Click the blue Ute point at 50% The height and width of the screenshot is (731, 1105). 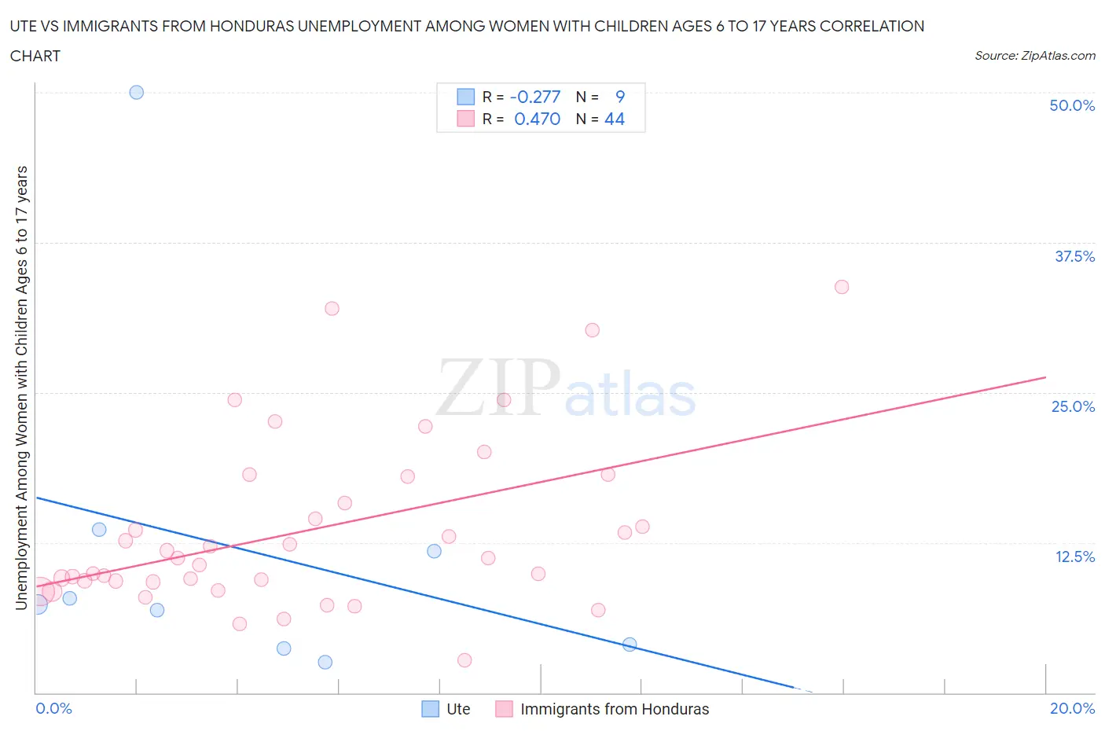pyautogui.click(x=136, y=92)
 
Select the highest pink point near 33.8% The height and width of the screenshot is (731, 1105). pyautogui.click(x=841, y=287)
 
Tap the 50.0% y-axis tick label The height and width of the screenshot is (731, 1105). pyautogui.click(x=1071, y=105)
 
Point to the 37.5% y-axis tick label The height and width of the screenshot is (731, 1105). pyautogui.click(x=1074, y=256)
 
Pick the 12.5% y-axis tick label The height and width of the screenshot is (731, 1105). pyautogui.click(x=1074, y=557)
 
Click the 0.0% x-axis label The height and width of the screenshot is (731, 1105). pyautogui.click(x=53, y=708)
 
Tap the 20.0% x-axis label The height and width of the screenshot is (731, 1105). pyautogui.click(x=1071, y=708)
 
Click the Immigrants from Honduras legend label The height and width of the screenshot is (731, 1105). pyautogui.click(x=614, y=709)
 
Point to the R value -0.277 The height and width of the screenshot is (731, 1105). pyautogui.click(x=535, y=97)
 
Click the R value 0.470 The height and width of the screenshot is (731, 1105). pyautogui.click(x=537, y=119)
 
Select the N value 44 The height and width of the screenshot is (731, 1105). pyautogui.click(x=614, y=119)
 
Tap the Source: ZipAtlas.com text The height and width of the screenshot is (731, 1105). pyautogui.click(x=1034, y=55)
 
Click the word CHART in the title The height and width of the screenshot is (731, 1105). pyautogui.click(x=35, y=56)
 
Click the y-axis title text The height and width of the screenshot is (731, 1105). pyautogui.click(x=21, y=388)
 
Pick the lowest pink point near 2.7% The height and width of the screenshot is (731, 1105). pyautogui.click(x=464, y=660)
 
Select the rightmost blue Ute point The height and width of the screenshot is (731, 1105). pyautogui.click(x=630, y=645)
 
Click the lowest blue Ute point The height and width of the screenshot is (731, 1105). pyautogui.click(x=325, y=662)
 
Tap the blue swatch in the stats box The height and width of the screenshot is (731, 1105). pyautogui.click(x=466, y=97)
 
